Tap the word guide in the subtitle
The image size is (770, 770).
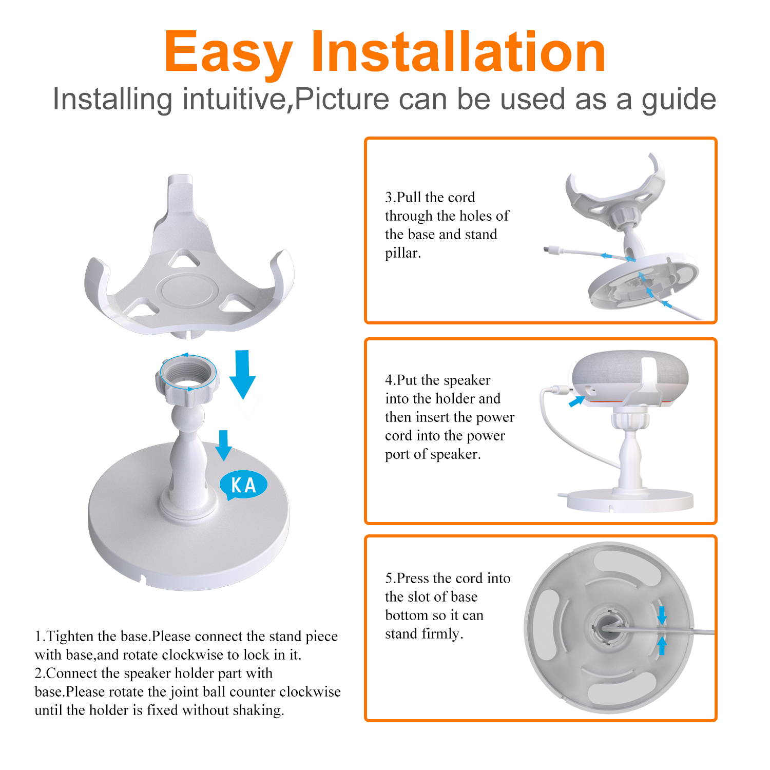[x=679, y=101]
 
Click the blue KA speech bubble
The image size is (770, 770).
[x=243, y=485]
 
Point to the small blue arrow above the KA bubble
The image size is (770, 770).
[x=223, y=445]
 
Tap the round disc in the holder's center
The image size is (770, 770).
[x=187, y=291]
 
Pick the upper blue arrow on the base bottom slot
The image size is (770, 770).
[x=662, y=615]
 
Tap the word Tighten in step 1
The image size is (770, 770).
[x=70, y=637]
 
